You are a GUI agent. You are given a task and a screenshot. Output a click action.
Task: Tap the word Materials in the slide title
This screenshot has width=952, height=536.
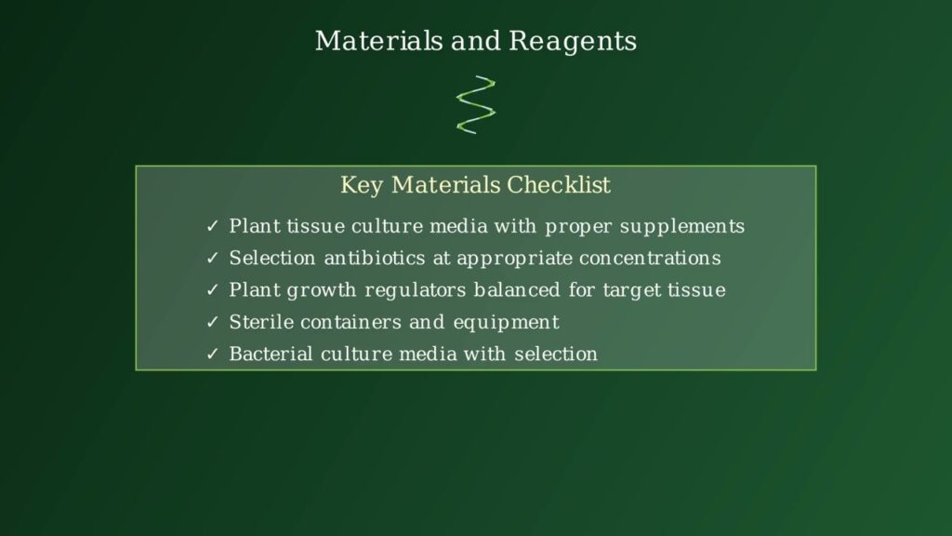(379, 41)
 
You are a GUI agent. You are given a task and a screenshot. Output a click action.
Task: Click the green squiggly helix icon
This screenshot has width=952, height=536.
(476, 104)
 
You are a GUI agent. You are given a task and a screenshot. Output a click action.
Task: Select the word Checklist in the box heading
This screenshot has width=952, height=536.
(559, 185)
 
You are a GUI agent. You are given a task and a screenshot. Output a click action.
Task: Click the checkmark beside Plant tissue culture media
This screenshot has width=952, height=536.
(212, 227)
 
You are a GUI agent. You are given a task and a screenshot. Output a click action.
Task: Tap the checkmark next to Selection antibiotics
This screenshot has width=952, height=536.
(212, 259)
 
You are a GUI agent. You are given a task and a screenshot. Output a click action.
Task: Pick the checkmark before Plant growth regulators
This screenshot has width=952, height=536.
(212, 290)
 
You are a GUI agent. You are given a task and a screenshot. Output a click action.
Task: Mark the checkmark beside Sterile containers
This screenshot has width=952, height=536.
(212, 322)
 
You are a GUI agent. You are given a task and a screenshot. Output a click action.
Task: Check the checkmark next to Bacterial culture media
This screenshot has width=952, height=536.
(212, 355)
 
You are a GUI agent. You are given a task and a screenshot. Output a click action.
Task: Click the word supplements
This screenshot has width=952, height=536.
(681, 228)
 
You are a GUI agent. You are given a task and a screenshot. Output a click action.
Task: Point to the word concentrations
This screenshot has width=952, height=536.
(650, 259)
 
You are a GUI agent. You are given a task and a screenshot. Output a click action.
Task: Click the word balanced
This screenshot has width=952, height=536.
(517, 290)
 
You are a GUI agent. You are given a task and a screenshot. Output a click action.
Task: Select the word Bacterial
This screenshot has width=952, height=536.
(271, 354)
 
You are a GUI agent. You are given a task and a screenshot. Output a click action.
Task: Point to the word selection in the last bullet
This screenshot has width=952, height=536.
(556, 354)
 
